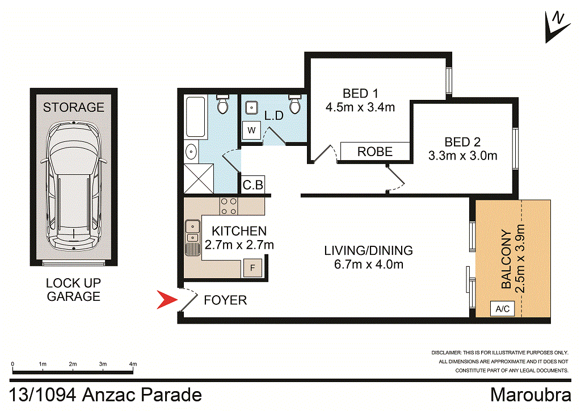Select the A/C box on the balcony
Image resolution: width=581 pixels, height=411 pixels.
(x=502, y=309)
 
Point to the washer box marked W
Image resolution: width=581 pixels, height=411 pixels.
(x=251, y=131)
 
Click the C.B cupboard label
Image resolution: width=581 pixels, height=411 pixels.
(x=252, y=185)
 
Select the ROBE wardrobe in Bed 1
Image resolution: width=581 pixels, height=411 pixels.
(x=374, y=152)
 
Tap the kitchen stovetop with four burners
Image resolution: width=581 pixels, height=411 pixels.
(x=229, y=205)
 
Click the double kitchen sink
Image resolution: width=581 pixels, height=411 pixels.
(x=193, y=232)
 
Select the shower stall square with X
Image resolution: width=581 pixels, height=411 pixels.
(x=199, y=177)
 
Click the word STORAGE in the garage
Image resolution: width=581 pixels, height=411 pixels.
(x=74, y=107)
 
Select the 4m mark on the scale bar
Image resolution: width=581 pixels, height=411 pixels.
(x=133, y=364)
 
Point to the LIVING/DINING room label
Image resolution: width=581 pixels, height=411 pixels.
(x=368, y=250)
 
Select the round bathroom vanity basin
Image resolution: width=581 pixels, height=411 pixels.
(x=191, y=151)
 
